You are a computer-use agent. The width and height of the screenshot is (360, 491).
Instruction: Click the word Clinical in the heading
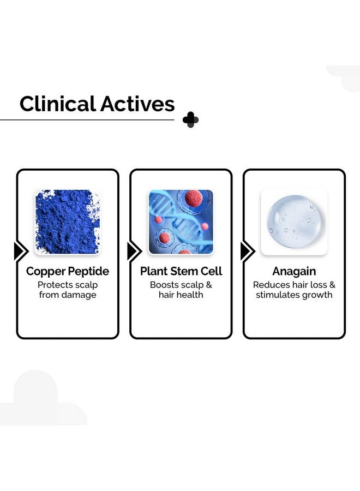pyautogui.click(x=56, y=104)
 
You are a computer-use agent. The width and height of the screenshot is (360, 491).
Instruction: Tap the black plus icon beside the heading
pyautogui.click(x=190, y=119)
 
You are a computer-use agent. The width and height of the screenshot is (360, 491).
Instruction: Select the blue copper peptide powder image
pyautogui.click(x=67, y=222)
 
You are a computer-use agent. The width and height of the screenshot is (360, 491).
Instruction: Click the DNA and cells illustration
pyautogui.click(x=181, y=222)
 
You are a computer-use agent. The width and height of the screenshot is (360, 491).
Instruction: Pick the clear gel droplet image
pyautogui.click(x=294, y=222)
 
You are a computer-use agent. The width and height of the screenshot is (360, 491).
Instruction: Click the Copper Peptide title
pyautogui.click(x=68, y=271)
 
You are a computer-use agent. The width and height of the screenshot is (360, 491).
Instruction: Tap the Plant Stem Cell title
pyautogui.click(x=181, y=271)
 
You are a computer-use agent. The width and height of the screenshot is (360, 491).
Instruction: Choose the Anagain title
pyautogui.click(x=294, y=271)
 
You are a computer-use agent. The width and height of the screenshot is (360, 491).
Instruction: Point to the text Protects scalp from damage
pyautogui.click(x=68, y=290)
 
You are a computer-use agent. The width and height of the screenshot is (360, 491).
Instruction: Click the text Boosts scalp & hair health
pyautogui.click(x=181, y=290)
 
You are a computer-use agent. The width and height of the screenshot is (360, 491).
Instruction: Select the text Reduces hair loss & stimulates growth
pyautogui.click(x=294, y=290)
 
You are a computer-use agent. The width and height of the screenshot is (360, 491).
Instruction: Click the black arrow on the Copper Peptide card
pyautogui.click(x=21, y=251)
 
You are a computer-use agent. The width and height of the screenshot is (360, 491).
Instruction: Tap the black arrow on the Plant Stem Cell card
pyautogui.click(x=134, y=251)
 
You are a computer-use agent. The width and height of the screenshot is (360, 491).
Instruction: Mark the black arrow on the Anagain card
pyautogui.click(x=247, y=251)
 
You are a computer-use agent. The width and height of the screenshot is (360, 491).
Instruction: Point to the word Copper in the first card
pyautogui.click(x=45, y=271)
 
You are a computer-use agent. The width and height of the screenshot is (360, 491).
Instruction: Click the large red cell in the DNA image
pyautogui.click(x=194, y=198)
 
